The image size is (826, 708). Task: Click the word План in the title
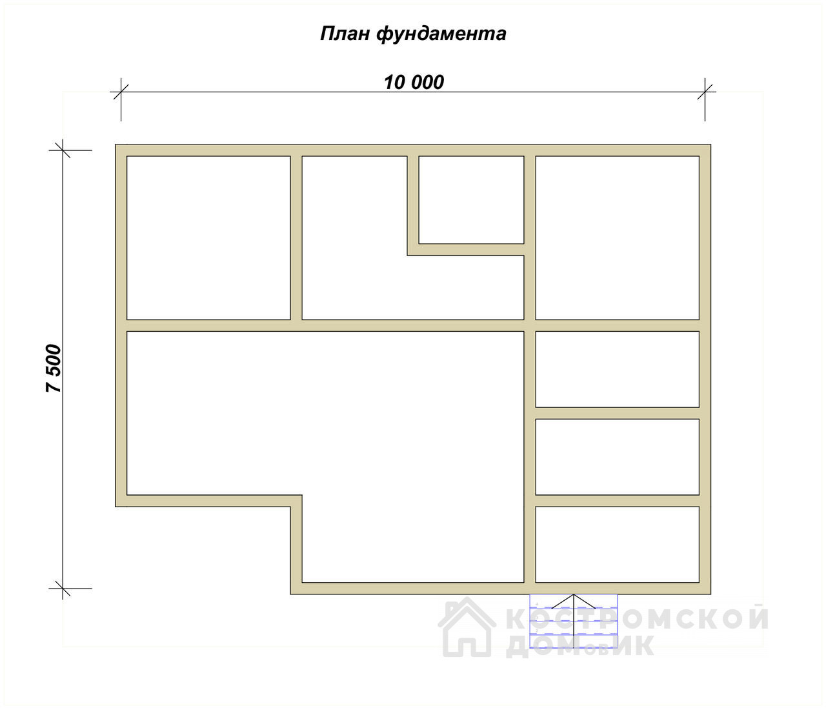(x=345, y=34)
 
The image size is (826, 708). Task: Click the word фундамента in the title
(x=441, y=34)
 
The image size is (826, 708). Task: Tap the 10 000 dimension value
(x=414, y=83)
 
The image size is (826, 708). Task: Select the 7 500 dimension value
(x=54, y=368)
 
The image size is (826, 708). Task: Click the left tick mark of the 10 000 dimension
(x=121, y=92)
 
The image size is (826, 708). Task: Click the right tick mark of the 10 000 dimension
(x=705, y=92)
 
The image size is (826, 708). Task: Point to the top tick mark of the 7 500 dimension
(x=63, y=150)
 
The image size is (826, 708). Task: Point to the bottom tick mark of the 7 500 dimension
(x=63, y=589)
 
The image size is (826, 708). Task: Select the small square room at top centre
(x=472, y=200)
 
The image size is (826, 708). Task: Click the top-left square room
(x=208, y=238)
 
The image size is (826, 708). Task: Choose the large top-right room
(x=618, y=238)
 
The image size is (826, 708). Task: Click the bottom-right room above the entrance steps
(x=618, y=545)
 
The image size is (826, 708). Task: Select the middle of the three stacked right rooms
(x=618, y=457)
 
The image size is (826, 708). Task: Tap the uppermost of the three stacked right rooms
(x=618, y=369)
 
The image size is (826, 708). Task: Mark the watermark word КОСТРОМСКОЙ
(x=638, y=618)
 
